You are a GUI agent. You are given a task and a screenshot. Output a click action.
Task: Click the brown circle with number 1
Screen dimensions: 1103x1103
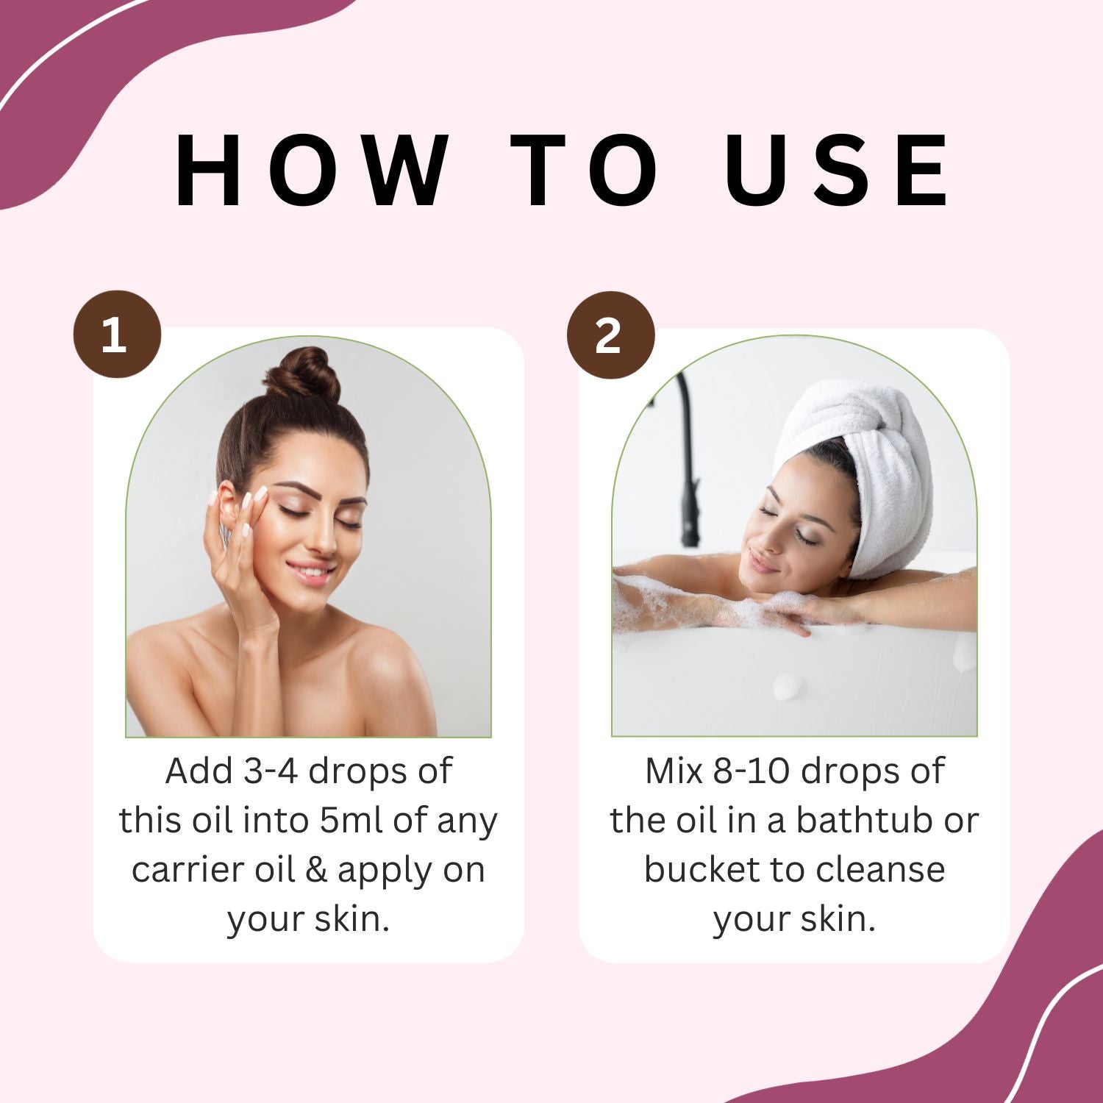click(x=116, y=335)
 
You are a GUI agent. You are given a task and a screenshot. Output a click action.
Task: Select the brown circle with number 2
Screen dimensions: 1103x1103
click(x=610, y=335)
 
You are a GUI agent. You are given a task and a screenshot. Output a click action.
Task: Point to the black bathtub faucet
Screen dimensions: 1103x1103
click(x=688, y=471)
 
